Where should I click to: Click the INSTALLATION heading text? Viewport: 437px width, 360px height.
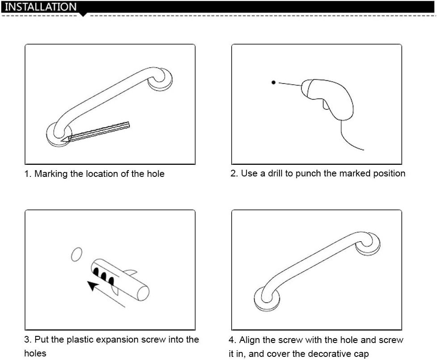click(41, 7)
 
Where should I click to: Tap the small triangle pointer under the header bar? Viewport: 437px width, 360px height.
click(83, 15)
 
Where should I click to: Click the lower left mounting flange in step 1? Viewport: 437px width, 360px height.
click(58, 134)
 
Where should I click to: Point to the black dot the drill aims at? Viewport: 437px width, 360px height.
click(274, 82)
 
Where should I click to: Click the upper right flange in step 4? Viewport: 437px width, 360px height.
click(368, 244)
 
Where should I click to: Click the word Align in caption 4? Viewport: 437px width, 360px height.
click(248, 340)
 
